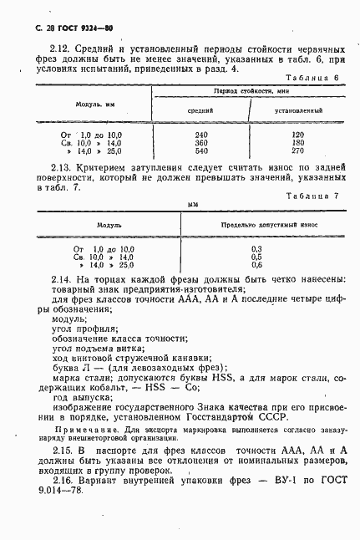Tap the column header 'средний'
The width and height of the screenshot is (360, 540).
tap(200, 110)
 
